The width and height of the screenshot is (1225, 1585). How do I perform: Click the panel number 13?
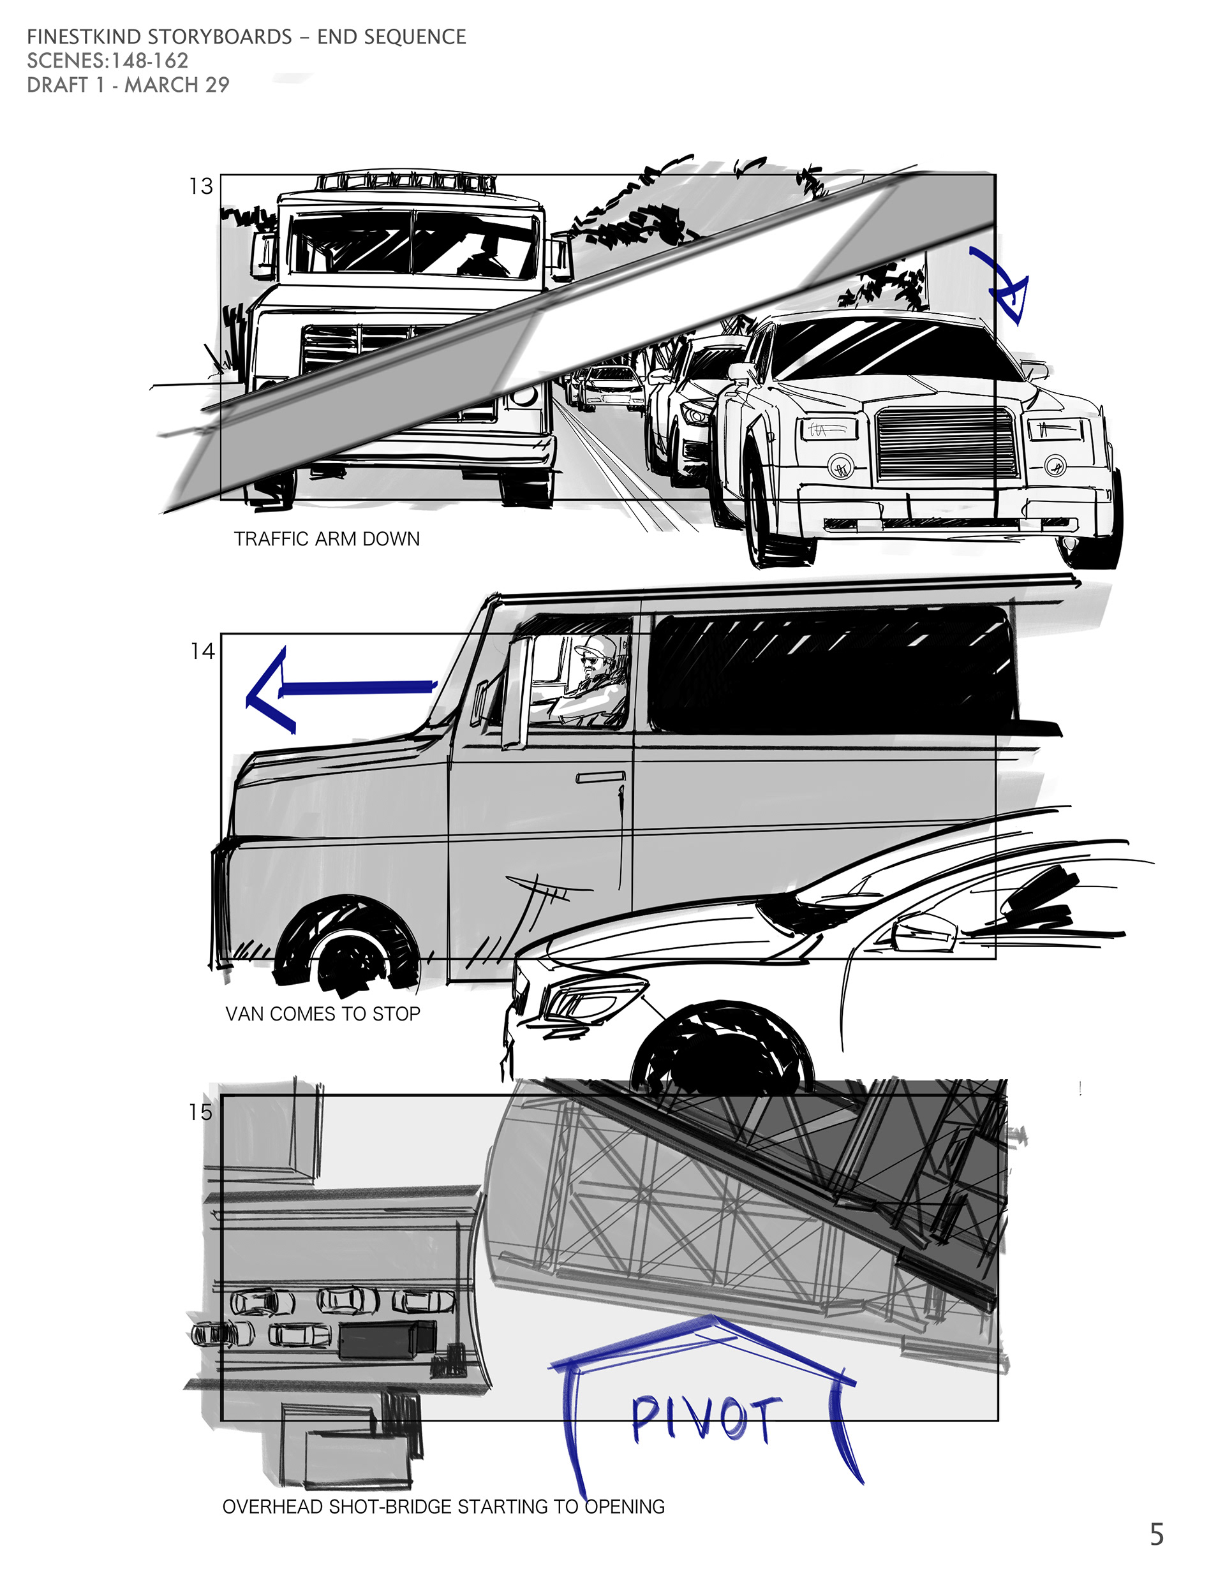[x=201, y=186]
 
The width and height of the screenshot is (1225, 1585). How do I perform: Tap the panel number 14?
[x=203, y=651]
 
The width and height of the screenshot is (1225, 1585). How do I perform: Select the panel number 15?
[x=200, y=1112]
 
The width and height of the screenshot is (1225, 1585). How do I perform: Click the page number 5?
[x=1157, y=1534]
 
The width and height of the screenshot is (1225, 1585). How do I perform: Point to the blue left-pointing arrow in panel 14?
[x=341, y=689]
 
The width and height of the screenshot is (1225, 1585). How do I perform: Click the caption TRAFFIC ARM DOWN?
[x=327, y=539]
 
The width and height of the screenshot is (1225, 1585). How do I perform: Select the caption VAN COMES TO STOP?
[x=323, y=1014]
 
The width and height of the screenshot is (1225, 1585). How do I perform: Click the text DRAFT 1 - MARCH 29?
[x=128, y=85]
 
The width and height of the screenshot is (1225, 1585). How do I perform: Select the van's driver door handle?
[x=600, y=778]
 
